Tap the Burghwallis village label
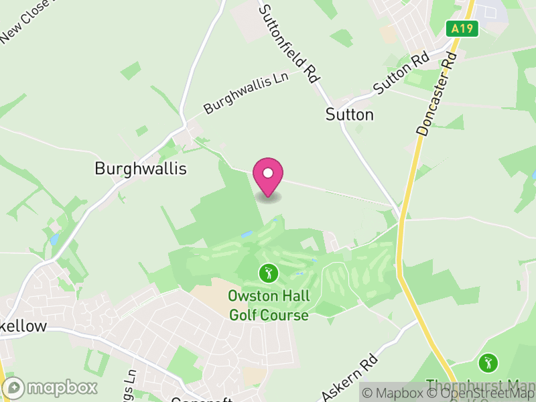coord(140,169)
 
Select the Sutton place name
coord(349,115)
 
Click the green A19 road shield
coord(462,29)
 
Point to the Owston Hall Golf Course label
coord(269,305)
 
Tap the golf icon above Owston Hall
coord(268,273)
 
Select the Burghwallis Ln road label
coord(246,93)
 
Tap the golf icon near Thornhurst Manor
coord(488,363)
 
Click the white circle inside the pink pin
coord(268,174)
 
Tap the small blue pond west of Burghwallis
coord(54,239)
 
